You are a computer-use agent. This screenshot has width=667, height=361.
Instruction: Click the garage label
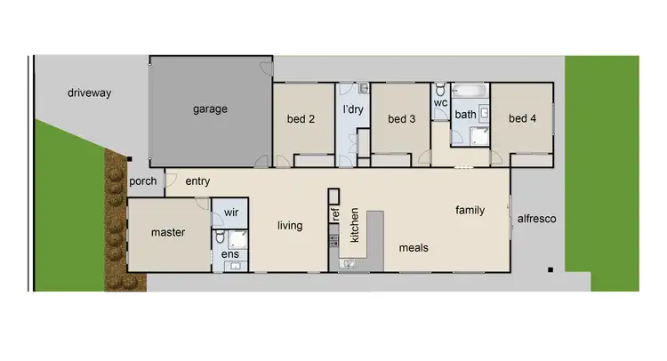coord(210,109)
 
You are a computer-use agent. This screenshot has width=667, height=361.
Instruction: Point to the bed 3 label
coord(402,119)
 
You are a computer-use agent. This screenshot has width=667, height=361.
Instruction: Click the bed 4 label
coord(522,118)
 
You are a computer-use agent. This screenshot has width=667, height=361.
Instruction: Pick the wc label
coord(439,102)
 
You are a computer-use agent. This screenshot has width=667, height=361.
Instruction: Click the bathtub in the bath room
coord(469,90)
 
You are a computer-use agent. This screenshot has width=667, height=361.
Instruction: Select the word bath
coord(465,115)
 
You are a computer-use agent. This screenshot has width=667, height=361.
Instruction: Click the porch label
coord(143,181)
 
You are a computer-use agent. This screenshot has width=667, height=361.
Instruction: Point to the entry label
coord(197,181)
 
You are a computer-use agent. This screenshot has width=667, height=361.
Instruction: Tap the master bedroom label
coord(167,233)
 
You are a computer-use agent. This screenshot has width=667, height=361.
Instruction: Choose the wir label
coord(231,213)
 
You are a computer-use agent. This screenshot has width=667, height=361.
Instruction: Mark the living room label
coord(290,226)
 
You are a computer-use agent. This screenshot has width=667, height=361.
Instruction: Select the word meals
coord(414,248)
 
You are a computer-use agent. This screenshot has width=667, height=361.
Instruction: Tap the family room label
coord(470,211)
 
